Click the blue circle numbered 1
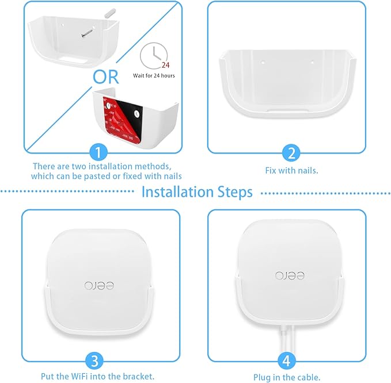100,152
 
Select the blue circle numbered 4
286,361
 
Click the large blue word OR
107,77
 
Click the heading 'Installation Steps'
197,191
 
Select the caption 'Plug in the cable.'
286,377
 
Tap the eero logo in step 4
286,275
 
